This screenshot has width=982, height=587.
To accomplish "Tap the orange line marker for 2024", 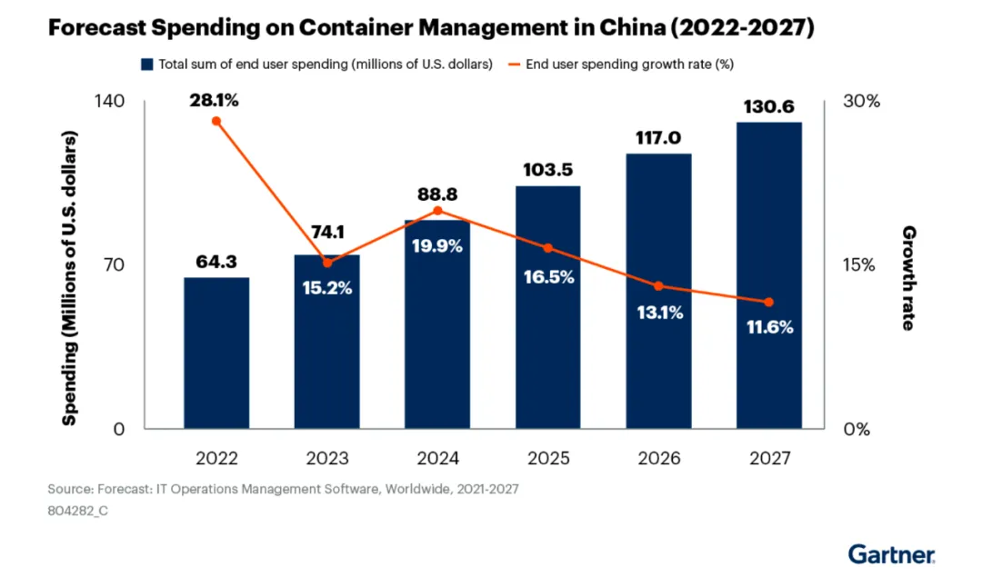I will [x=437, y=211].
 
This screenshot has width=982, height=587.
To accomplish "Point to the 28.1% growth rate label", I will [x=215, y=101].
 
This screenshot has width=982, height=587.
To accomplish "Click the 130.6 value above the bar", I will [x=769, y=106].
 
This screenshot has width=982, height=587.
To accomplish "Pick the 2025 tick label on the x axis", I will [x=547, y=459].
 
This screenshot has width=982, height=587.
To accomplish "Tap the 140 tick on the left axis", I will [x=109, y=101].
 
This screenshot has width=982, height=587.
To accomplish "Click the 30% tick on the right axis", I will [x=862, y=101].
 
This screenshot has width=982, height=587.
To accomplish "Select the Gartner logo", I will [x=891, y=553].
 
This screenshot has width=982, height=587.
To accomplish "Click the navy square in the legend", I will [x=146, y=65].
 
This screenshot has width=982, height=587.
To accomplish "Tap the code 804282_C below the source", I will [x=77, y=511].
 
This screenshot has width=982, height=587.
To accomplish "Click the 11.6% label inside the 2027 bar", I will [x=769, y=327].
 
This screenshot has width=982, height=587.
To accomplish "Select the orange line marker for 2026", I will [x=659, y=286].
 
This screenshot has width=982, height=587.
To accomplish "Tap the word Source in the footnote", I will [x=69, y=490].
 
